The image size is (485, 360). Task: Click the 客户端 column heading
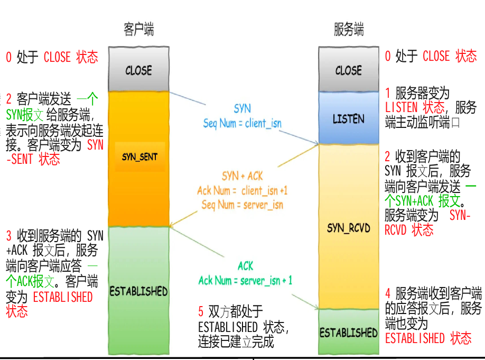(x=138, y=29)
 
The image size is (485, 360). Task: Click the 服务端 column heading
(x=348, y=29)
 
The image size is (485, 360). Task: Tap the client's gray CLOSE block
(x=138, y=70)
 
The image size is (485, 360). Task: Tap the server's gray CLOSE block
(x=348, y=70)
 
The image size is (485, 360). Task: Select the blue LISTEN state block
(x=348, y=118)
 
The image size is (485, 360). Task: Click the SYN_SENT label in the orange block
(x=139, y=157)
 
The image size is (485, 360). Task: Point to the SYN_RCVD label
(x=349, y=228)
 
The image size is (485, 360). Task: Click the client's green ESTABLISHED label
(x=138, y=291)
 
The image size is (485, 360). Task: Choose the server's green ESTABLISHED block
(x=349, y=333)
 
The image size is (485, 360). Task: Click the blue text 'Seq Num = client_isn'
(x=243, y=124)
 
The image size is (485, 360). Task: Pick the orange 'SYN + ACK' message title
(x=243, y=176)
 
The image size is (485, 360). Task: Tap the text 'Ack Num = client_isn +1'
(x=243, y=190)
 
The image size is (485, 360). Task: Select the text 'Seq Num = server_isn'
(x=243, y=205)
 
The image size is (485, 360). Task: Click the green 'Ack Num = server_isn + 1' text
(x=245, y=281)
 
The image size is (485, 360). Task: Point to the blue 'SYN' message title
(x=243, y=109)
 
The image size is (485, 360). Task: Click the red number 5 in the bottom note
(x=201, y=311)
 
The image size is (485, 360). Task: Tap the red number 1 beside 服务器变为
(x=388, y=94)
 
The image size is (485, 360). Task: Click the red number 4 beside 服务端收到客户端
(x=388, y=293)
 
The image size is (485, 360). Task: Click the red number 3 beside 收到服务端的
(x=9, y=235)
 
